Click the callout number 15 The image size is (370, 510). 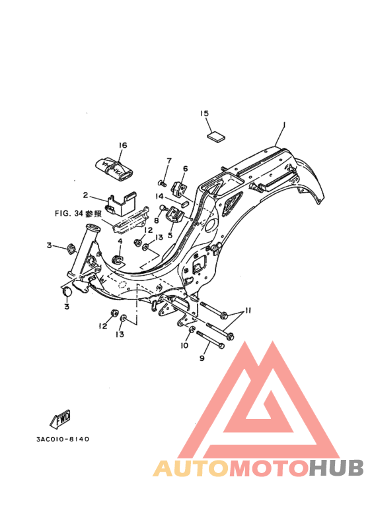click(x=204, y=113)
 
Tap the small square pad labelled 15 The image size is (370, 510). click(x=216, y=136)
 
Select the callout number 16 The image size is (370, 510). click(x=123, y=145)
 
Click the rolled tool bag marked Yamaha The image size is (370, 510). click(x=114, y=168)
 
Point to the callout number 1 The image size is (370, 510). click(x=283, y=125)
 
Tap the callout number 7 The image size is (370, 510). click(x=168, y=161)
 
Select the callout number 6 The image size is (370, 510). click(x=185, y=168)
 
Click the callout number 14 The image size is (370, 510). click(x=159, y=196)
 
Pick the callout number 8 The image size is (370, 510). click(x=157, y=220)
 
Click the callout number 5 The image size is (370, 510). click(x=170, y=235)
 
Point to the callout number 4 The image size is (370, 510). click(x=120, y=241)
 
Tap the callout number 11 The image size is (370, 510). click(x=248, y=311)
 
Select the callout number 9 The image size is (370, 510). click(x=202, y=358)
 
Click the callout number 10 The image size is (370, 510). click(x=184, y=345)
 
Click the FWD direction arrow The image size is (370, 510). click(x=60, y=418)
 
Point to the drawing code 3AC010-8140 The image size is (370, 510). click(x=63, y=439)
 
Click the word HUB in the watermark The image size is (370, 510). click(x=336, y=468)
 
